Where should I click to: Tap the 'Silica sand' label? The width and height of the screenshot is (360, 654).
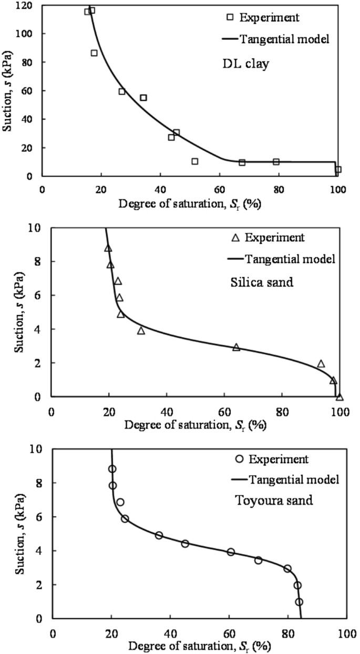262,282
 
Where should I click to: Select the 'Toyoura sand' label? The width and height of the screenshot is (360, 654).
271,500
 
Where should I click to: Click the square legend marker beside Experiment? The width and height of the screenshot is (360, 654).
230,17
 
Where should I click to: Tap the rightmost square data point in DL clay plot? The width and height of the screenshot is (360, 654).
338,170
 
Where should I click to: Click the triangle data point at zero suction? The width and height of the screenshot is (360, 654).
340,397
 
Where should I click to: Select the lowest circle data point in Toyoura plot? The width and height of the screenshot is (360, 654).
299,602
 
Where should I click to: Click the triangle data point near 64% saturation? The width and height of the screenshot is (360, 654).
236,347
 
